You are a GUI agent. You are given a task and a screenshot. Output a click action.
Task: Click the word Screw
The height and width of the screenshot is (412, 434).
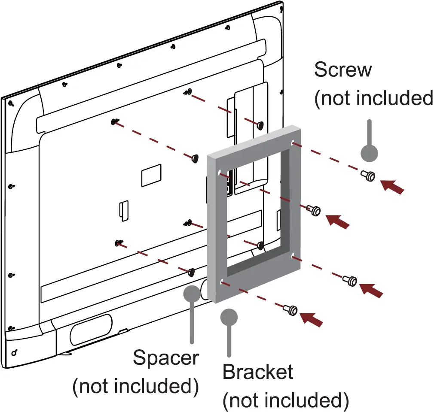point(342,70)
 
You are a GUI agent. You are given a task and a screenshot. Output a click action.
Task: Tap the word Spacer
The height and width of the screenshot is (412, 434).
point(166,357)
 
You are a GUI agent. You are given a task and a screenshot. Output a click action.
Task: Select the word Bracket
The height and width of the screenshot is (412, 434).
point(258,372)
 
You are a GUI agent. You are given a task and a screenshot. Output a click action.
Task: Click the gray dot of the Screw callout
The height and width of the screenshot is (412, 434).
point(369,151)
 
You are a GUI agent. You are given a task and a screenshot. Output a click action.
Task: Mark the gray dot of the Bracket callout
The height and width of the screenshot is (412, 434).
point(229,318)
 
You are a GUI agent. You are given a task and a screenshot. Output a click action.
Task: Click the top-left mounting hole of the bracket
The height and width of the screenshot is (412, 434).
point(220,173)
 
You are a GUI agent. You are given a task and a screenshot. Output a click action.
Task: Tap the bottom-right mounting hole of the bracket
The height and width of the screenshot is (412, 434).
point(293,256)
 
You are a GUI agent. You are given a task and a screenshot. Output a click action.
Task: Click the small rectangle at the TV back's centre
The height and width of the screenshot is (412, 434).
point(150,176)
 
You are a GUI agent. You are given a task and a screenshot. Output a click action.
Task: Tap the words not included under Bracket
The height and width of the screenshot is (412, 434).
point(285,401)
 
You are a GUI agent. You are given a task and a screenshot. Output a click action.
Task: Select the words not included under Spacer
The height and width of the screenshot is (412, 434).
point(135,386)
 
